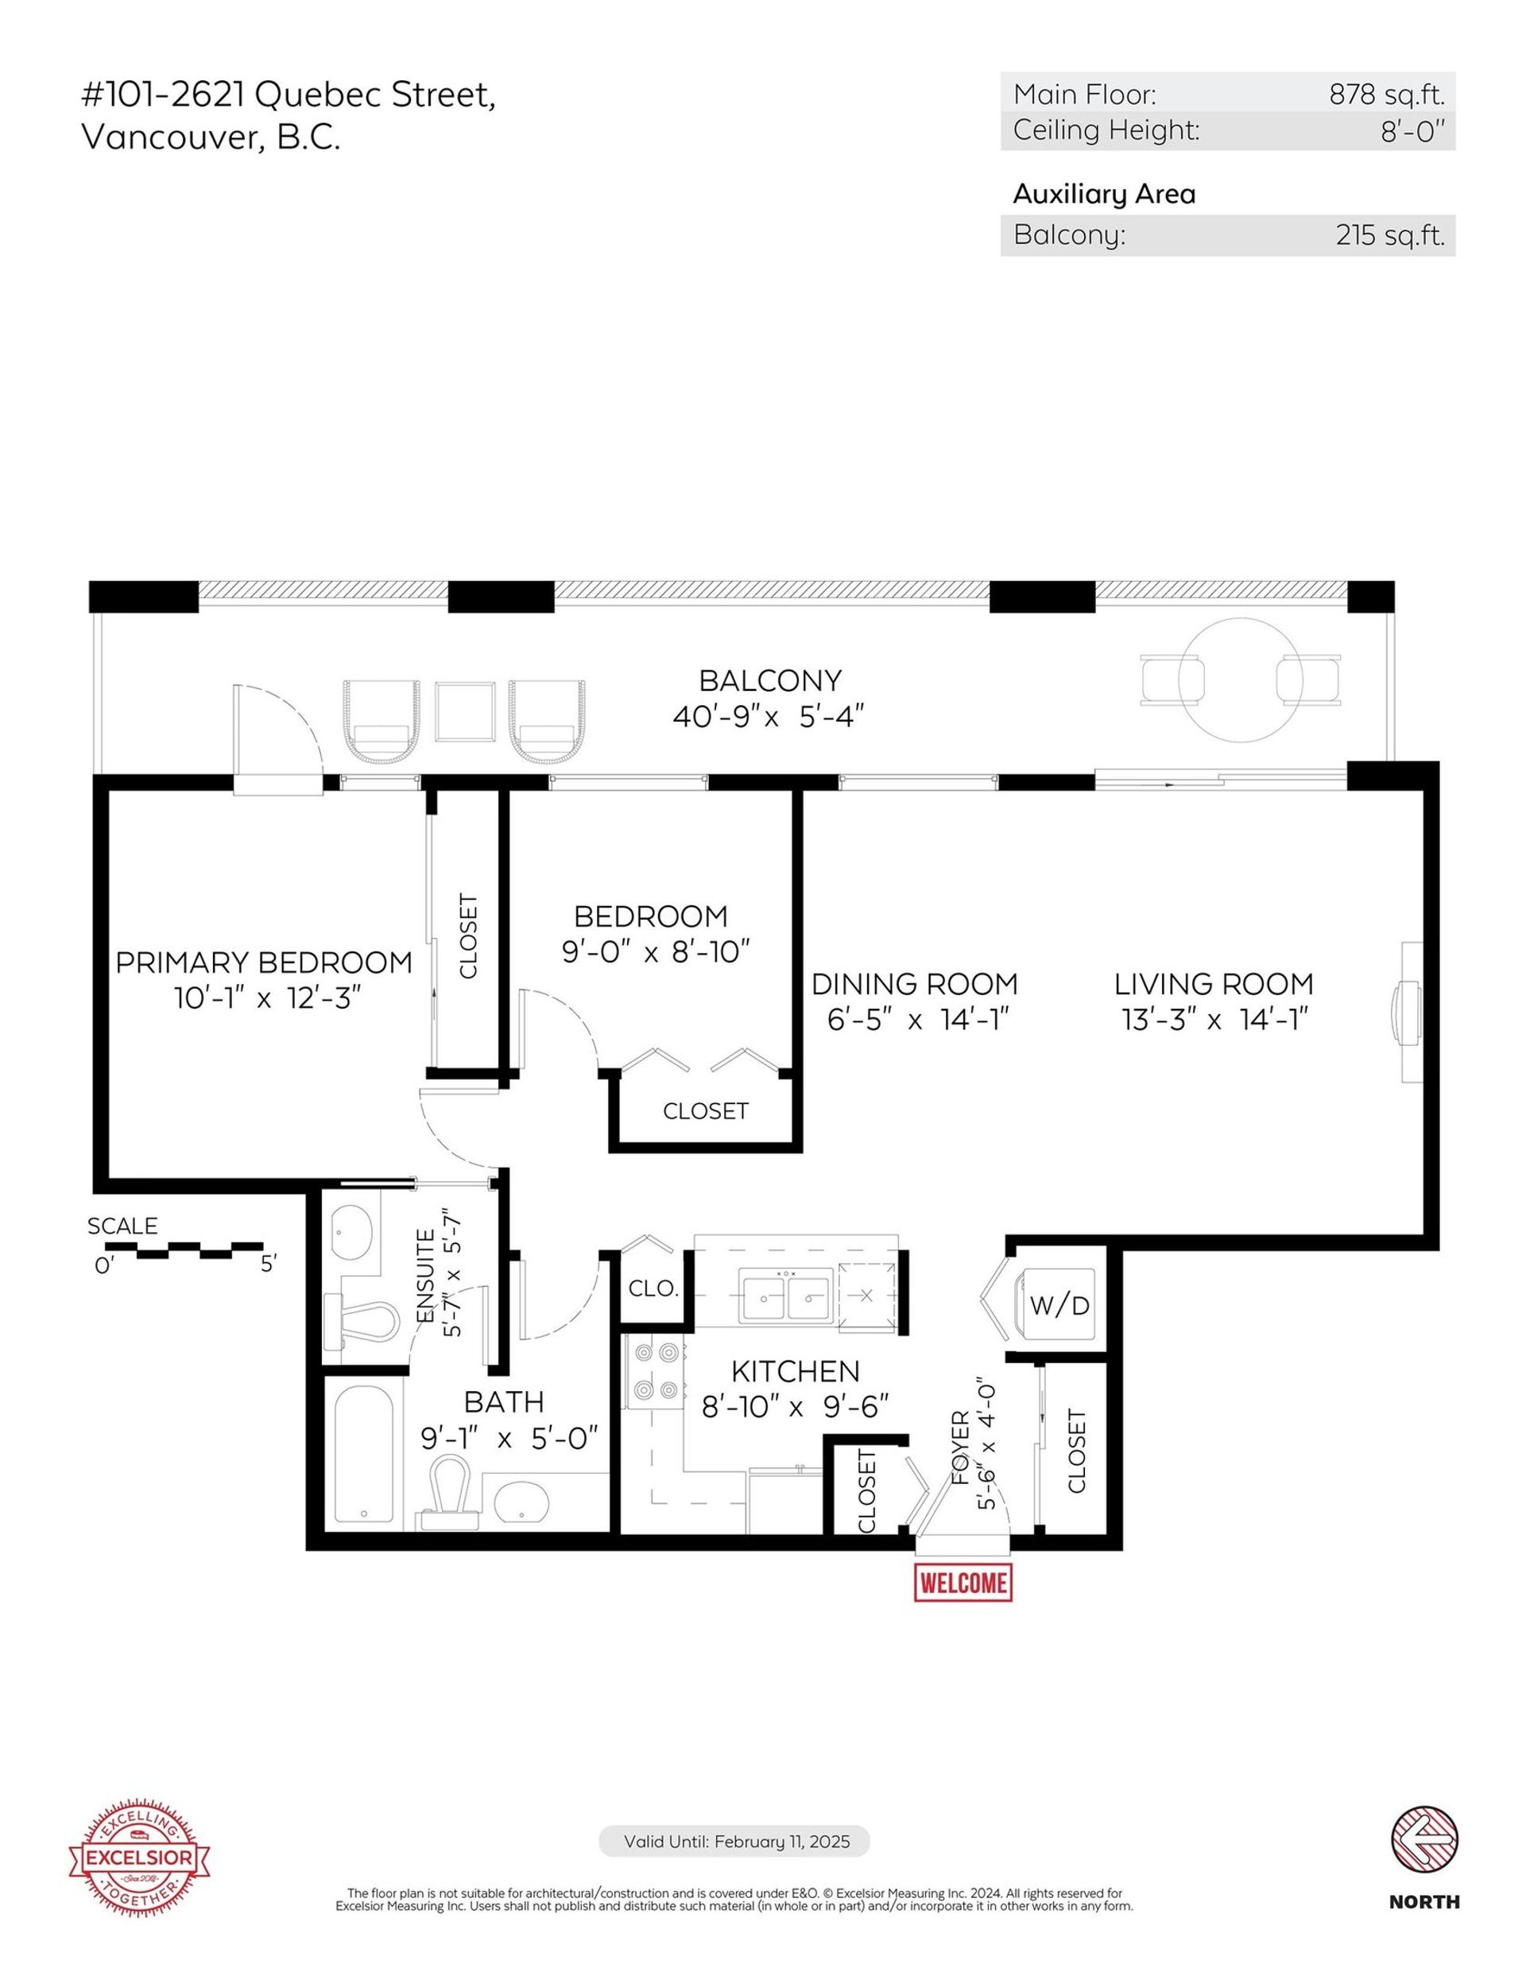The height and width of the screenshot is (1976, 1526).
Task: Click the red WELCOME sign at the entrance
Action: pyautogui.click(x=962, y=1583)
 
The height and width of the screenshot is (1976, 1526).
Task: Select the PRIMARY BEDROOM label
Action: pyautogui.click(x=264, y=963)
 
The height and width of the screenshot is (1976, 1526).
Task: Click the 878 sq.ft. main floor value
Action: pyautogui.click(x=1386, y=94)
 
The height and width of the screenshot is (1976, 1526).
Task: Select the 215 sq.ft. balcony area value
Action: pyautogui.click(x=1389, y=235)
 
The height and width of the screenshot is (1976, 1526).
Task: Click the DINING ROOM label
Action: pyautogui.click(x=915, y=984)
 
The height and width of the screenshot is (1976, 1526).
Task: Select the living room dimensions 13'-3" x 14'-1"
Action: pyautogui.click(x=1214, y=1021)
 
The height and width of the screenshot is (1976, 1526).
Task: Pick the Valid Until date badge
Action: pyautogui.click(x=734, y=1842)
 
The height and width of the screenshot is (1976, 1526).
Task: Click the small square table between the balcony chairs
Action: pyautogui.click(x=465, y=711)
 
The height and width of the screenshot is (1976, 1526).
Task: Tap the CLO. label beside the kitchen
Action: pyautogui.click(x=653, y=1289)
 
